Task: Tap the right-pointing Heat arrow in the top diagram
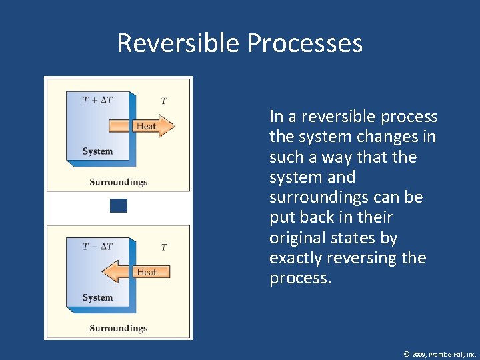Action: tap(148, 126)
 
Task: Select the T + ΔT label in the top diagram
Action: tap(97, 101)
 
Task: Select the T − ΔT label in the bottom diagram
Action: tap(97, 247)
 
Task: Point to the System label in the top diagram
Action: tap(97, 151)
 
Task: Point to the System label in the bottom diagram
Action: tap(97, 297)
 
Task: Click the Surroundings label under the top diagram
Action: tap(118, 182)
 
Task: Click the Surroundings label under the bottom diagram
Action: tap(118, 328)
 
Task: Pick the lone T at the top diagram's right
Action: tap(164, 101)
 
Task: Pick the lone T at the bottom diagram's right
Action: tap(164, 247)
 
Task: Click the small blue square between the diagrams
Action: tap(118, 205)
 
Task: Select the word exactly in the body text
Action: tap(294, 258)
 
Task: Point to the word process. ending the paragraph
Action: tap(300, 279)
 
